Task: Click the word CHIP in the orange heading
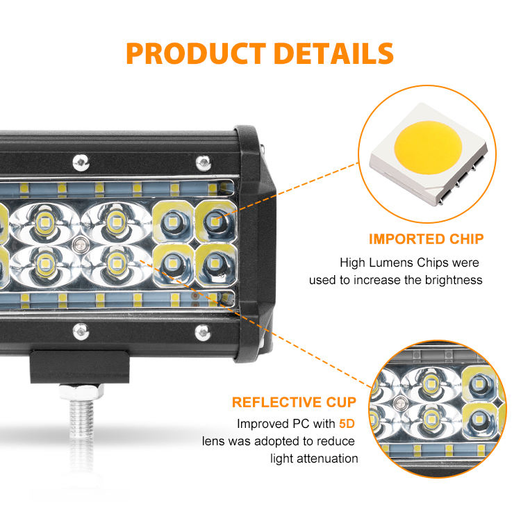point(465,240)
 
